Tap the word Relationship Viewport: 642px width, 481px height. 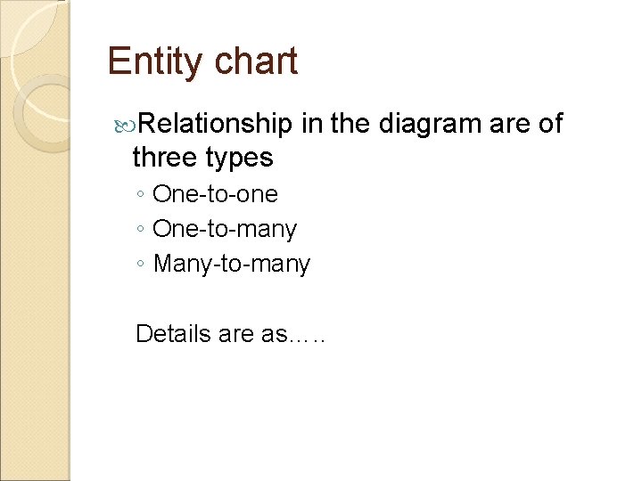tap(215, 123)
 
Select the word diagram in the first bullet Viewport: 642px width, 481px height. tap(431, 123)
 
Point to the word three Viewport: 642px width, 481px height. tap(165, 158)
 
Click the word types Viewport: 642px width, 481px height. tap(239, 158)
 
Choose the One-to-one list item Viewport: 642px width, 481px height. tap(215, 194)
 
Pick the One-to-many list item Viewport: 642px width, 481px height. tap(225, 229)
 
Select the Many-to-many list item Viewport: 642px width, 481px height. tap(232, 265)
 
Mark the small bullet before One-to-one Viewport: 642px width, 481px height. tap(141, 195)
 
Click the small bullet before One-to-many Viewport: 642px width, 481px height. tap(141, 230)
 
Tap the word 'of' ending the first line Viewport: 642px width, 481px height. tap(550, 123)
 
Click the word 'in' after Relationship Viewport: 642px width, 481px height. tap(311, 123)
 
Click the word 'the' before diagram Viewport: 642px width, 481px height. tap(351, 123)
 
